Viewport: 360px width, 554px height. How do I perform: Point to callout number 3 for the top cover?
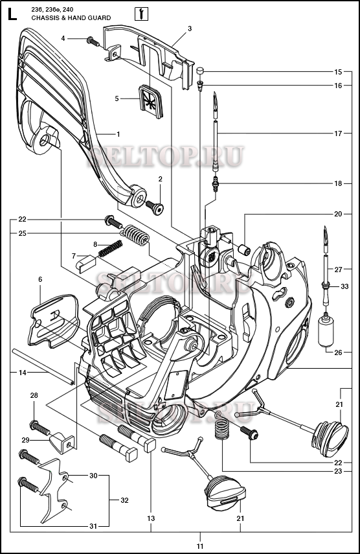click(190, 29)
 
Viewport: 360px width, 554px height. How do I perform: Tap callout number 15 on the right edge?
click(338, 71)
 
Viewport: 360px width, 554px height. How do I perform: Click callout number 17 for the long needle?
click(338, 133)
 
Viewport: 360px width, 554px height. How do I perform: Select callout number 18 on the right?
click(338, 183)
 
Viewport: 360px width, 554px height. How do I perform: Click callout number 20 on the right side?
click(338, 214)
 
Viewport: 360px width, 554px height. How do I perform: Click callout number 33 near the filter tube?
click(344, 286)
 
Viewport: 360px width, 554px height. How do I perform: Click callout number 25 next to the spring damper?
click(22, 233)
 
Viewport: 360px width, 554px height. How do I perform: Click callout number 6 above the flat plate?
click(40, 279)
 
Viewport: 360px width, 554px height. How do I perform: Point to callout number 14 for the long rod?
click(22, 373)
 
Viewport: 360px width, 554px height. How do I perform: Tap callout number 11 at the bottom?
click(200, 537)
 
